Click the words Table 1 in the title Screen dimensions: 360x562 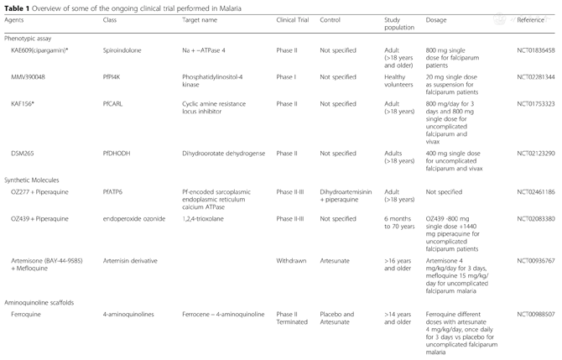pos(18,6)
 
